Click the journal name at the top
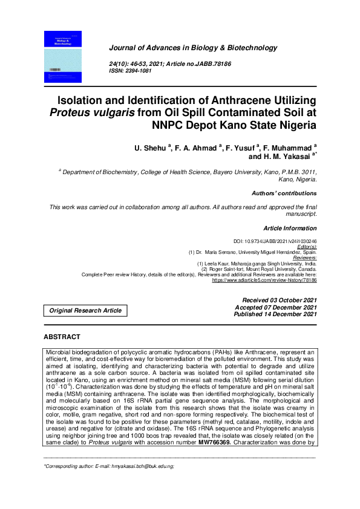coord(192,48)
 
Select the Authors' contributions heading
coord(284,193)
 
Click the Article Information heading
coord(290,228)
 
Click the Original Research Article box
coord(85,311)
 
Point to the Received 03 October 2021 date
coord(279,300)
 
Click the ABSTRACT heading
coord(62,336)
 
